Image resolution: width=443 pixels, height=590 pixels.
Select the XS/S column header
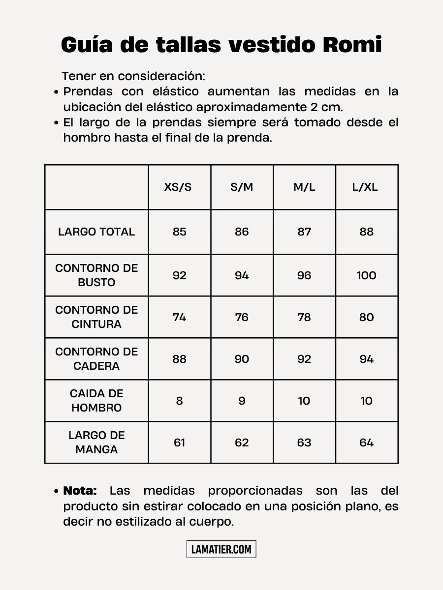[x=179, y=187]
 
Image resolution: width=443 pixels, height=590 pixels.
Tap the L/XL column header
[x=366, y=187]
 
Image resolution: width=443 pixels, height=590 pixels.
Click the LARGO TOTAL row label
[x=96, y=232]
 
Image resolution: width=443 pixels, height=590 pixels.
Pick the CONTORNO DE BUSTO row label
[x=96, y=275]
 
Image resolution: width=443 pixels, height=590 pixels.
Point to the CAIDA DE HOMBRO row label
[x=96, y=401]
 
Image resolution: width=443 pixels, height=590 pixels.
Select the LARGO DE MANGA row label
[x=96, y=442]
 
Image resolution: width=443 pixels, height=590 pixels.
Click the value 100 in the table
[x=366, y=275]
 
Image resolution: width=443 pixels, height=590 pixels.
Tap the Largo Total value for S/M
[x=242, y=232]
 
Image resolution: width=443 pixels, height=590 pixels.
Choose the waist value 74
[x=179, y=317]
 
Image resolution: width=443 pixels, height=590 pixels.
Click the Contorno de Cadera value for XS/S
[x=179, y=359]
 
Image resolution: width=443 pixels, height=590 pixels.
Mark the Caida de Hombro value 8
[x=179, y=401]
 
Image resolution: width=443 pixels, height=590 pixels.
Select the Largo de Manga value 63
[x=304, y=442]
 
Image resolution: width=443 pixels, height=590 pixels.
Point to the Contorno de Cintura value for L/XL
[x=366, y=317]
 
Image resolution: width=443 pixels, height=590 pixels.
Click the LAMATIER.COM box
[x=221, y=549]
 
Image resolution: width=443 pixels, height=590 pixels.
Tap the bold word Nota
[x=80, y=491]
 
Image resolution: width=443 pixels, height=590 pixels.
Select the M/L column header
[x=304, y=187]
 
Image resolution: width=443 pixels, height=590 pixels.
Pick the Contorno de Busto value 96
[x=304, y=275]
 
